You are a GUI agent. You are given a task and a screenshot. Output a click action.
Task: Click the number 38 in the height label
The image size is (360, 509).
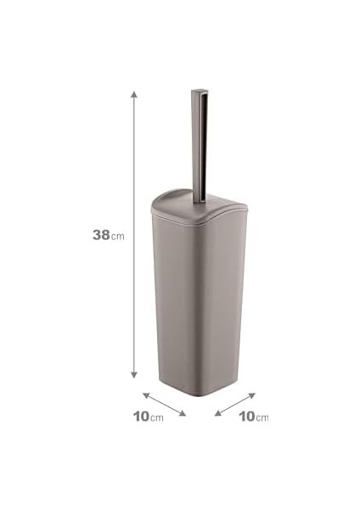tap(101, 235)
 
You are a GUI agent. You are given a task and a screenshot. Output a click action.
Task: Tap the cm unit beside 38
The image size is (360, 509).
tap(118, 237)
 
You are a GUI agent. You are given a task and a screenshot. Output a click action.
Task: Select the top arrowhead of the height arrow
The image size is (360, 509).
tap(134, 94)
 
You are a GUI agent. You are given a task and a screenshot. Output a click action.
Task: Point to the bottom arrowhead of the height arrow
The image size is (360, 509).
tap(134, 375)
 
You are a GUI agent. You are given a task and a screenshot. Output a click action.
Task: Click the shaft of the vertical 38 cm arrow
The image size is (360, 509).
tap(134, 235)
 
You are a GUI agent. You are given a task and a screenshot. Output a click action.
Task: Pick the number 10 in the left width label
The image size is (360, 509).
tap(141, 417)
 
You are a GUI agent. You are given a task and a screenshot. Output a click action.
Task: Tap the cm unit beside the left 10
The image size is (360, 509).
tap(157, 417)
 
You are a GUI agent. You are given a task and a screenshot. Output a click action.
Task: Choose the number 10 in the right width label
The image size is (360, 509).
tap(247, 417)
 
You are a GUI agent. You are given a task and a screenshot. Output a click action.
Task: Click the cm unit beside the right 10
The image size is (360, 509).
tap(262, 417)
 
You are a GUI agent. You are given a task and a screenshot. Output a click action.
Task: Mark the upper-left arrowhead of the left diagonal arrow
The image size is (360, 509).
tap(146, 395)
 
